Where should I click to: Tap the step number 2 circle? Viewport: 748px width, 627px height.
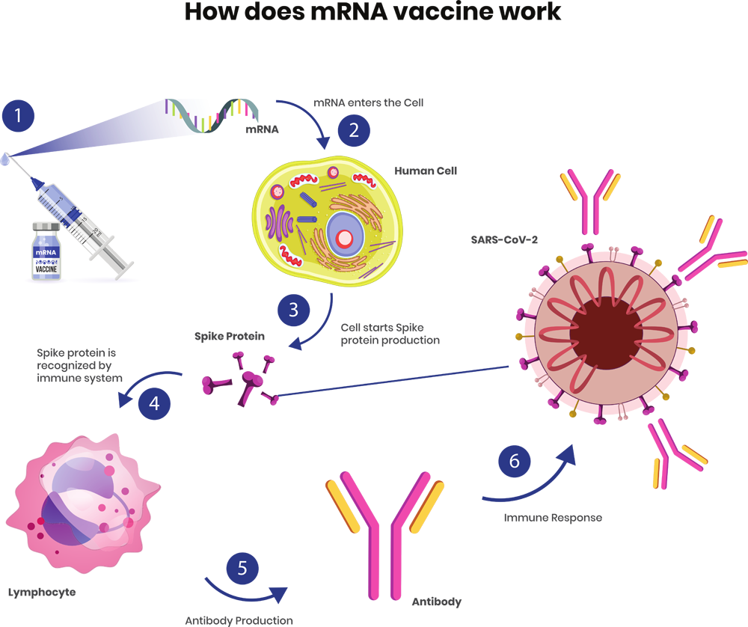pos(353,130)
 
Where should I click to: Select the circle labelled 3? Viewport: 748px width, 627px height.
pos(292,309)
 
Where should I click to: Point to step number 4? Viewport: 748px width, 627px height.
pos(153,403)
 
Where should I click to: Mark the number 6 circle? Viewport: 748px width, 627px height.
pos(514,461)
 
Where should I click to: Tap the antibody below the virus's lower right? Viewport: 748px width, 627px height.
pos(673,449)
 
